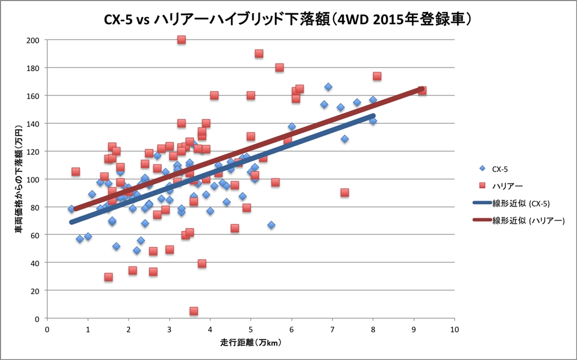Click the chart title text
[x=287, y=20]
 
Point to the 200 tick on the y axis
[x=34, y=40]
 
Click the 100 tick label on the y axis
[x=34, y=179]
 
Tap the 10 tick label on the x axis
[x=454, y=328]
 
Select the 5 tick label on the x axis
[x=251, y=328]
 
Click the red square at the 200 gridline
[x=181, y=40]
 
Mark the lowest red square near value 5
[x=194, y=311]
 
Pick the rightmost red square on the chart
[x=422, y=91]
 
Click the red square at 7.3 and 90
[x=344, y=193]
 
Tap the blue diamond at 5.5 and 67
[x=271, y=225]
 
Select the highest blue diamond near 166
[x=328, y=87]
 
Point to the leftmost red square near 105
[x=76, y=172]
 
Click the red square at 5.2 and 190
[x=259, y=54]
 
